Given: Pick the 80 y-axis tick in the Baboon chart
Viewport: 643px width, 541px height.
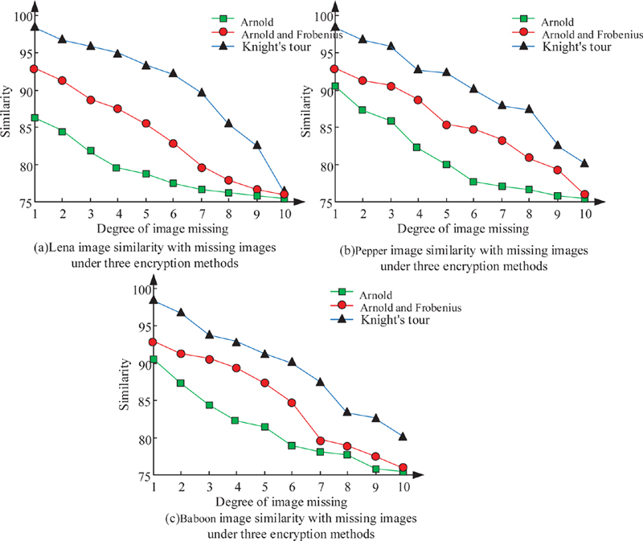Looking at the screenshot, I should [142, 440].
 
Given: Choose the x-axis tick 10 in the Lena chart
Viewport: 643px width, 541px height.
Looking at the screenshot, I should [284, 215].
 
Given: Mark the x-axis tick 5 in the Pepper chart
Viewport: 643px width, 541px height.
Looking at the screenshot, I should [445, 215].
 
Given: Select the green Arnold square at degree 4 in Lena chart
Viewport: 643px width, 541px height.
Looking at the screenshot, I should [117, 168].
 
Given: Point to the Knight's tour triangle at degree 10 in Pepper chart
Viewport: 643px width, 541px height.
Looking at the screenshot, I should [584, 162].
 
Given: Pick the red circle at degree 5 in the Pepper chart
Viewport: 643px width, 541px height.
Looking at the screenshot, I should [446, 125].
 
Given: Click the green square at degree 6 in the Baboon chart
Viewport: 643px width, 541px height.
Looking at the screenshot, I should [293, 445].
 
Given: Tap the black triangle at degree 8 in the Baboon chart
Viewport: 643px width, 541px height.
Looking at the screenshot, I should [347, 412].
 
